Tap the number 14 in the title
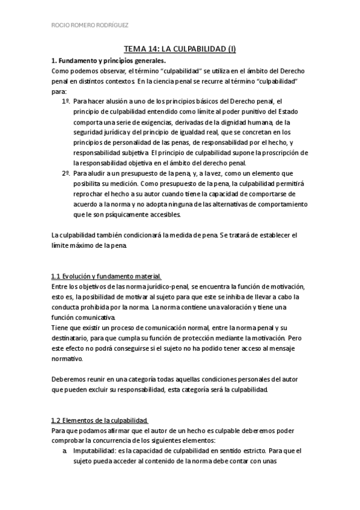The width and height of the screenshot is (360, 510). [157, 50]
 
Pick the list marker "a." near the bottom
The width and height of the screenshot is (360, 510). [65, 450]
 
